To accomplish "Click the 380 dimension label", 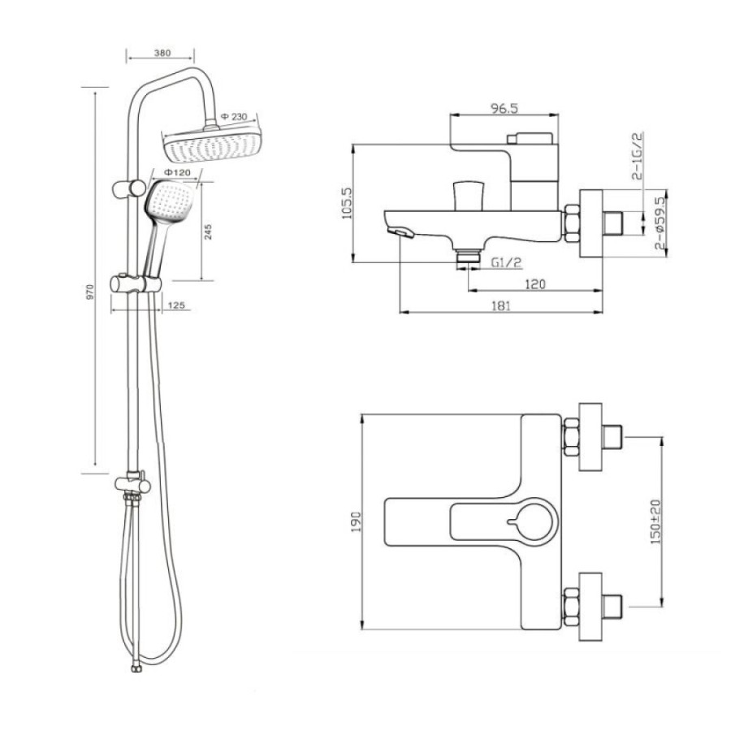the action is click(x=162, y=53).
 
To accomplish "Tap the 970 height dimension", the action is click(x=90, y=292).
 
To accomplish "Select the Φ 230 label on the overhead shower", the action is click(x=234, y=116).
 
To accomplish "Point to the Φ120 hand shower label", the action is click(x=177, y=172).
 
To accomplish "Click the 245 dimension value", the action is click(x=209, y=231).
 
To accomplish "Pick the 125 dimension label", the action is click(x=176, y=305).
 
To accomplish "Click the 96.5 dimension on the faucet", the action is click(x=504, y=108).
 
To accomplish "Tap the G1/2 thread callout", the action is click(x=506, y=262).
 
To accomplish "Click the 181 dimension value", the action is click(x=500, y=306).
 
